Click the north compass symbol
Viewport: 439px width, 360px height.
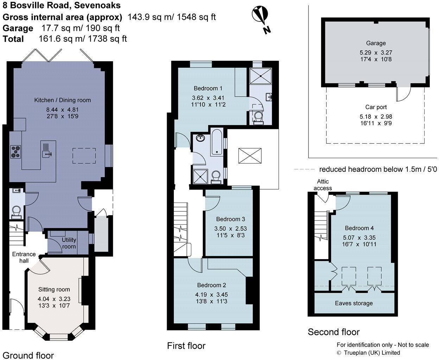[x=260, y=17]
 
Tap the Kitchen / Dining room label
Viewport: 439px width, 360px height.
[x=62, y=100]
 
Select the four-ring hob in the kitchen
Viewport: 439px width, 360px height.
[x=15, y=152]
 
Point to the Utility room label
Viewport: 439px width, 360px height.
[x=69, y=243]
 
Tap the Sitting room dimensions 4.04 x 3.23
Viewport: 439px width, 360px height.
[x=54, y=299]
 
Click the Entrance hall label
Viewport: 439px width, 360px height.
[x=24, y=257]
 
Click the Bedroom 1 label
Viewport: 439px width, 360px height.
[x=208, y=88]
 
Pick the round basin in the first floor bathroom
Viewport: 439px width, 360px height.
[x=201, y=138]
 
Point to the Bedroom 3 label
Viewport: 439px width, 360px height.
[x=230, y=219]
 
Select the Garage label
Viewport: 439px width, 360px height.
[x=376, y=43]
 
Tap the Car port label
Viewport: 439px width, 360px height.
[x=376, y=107]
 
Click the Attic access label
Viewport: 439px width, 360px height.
[x=323, y=185]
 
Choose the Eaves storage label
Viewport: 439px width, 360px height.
[x=354, y=303]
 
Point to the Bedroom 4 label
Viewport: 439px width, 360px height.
[x=359, y=228]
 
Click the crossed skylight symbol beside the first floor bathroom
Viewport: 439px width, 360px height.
[x=250, y=156]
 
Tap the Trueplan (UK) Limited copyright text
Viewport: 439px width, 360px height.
[x=368, y=353]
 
